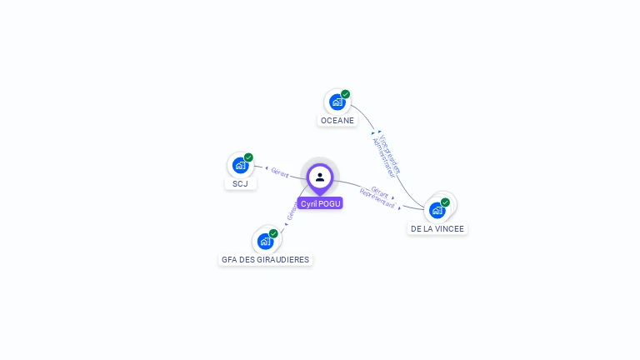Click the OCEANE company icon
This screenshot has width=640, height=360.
pyautogui.click(x=337, y=102)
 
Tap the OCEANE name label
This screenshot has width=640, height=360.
pyautogui.click(x=337, y=121)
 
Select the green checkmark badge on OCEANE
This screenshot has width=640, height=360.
pyautogui.click(x=345, y=94)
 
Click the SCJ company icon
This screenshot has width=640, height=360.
pyautogui.click(x=240, y=165)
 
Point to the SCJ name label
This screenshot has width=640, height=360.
pyautogui.click(x=240, y=183)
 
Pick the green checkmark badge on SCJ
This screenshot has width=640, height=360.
pyautogui.click(x=248, y=157)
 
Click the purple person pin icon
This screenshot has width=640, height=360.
pyautogui.click(x=320, y=177)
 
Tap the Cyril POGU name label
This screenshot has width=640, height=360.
pyautogui.click(x=320, y=203)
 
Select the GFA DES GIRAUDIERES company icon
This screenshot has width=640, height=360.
pyautogui.click(x=265, y=242)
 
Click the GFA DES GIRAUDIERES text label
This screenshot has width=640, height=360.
pyautogui.click(x=265, y=260)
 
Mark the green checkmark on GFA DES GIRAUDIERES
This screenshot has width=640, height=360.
pyautogui.click(x=273, y=233)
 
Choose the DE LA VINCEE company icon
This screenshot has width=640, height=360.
pyautogui.click(x=437, y=210)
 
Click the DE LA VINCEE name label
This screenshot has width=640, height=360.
pyautogui.click(x=437, y=228)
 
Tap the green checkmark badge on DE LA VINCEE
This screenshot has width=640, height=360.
pyautogui.click(x=445, y=202)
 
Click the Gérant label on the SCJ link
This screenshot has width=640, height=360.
pyautogui.click(x=280, y=172)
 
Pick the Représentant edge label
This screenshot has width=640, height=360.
pyautogui.click(x=377, y=198)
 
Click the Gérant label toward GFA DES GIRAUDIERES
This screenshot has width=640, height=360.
pyautogui.click(x=292, y=212)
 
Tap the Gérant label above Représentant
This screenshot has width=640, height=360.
pyautogui.click(x=381, y=191)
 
